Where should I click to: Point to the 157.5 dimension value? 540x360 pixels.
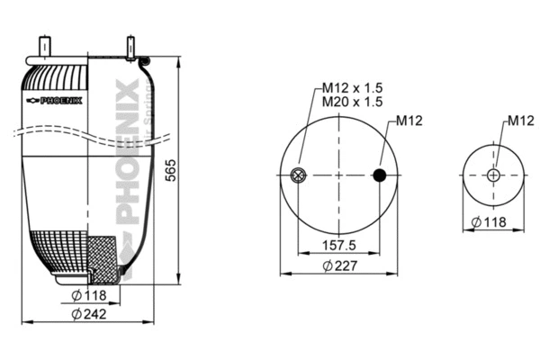pyautogui.click(x=339, y=245)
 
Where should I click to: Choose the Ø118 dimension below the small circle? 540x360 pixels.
pyautogui.click(x=490, y=222)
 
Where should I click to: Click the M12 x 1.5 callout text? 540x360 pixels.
pyautogui.click(x=353, y=87)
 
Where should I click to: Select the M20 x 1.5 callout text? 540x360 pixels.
pyautogui.click(x=353, y=102)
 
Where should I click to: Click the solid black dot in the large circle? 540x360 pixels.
pyautogui.click(x=381, y=175)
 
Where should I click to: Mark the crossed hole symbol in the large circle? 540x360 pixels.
pyautogui.click(x=298, y=175)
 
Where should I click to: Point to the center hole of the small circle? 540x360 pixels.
pyautogui.click(x=493, y=175)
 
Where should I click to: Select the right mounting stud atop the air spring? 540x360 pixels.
pyautogui.click(x=130, y=46)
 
